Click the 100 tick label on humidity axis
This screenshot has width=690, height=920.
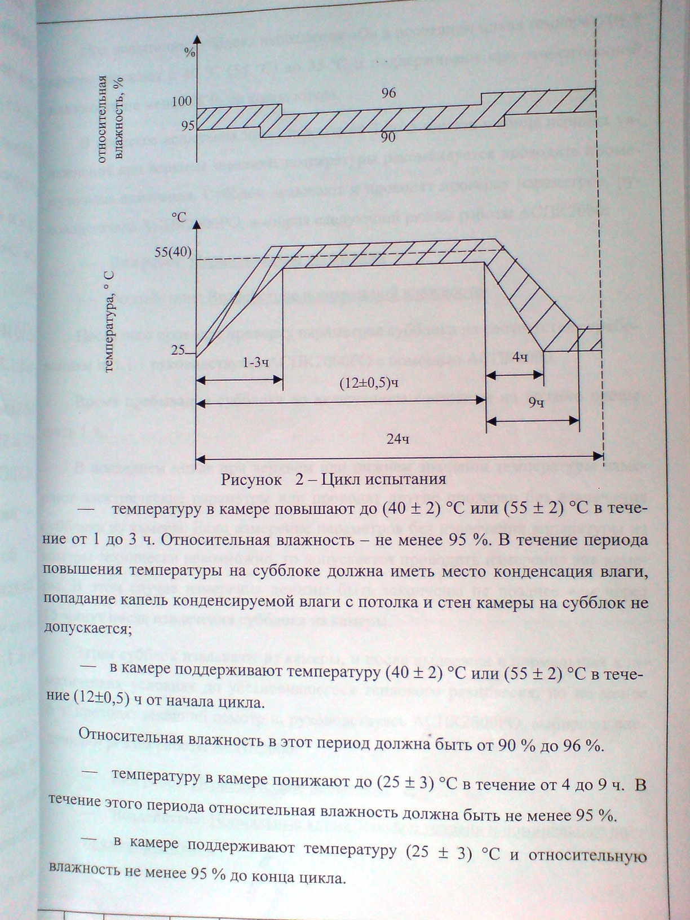pos(182,102)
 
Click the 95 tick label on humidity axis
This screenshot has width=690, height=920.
pos(187,125)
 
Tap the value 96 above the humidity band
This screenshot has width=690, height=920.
pos(388,94)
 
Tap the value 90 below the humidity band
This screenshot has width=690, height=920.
pos(388,137)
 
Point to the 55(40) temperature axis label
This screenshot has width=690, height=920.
pos(173,253)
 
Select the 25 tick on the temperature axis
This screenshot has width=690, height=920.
pos(179,350)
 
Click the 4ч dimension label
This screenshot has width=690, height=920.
pos(520,357)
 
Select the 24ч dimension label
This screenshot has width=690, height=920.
pos(397,440)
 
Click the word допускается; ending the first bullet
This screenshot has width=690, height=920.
pos(87,628)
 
